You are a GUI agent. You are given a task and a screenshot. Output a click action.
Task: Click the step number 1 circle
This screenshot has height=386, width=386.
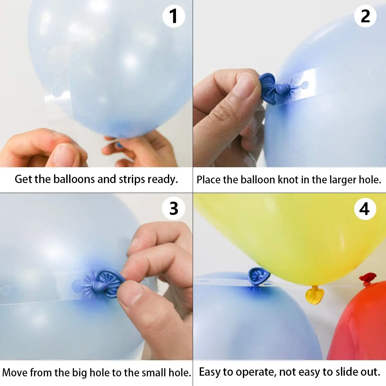tap(173, 16)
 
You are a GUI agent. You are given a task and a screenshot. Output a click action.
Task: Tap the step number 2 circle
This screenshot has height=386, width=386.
tap(365, 16)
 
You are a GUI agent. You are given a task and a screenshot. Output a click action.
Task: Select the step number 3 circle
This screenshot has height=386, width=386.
tap(173, 209)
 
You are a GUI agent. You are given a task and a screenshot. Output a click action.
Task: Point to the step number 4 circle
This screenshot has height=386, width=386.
tap(365, 209)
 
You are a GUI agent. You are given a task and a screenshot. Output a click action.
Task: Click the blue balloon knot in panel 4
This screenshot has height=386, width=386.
tap(258, 276)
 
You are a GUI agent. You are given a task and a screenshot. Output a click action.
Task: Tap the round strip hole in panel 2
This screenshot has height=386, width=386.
tap(304, 85)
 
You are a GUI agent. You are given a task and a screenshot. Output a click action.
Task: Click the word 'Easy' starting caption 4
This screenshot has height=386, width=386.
tap(210, 372)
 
